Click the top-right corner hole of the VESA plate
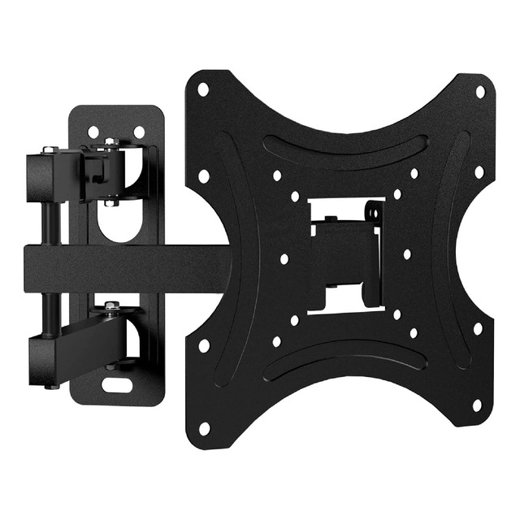479,91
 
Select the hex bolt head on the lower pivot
111,306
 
